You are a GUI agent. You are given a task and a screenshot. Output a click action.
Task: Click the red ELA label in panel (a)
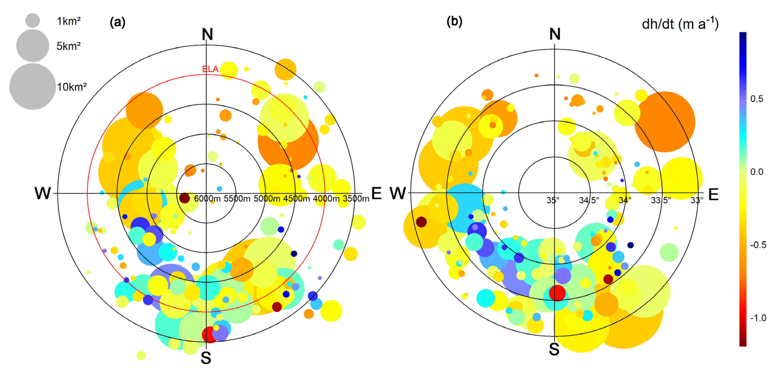click(210, 69)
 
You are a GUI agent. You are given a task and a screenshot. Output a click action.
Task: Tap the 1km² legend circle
click(32, 20)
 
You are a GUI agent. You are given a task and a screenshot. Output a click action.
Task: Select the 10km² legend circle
click(32, 86)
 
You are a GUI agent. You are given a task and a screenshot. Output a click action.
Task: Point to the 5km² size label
click(69, 46)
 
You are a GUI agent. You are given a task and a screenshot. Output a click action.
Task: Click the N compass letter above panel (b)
click(555, 34)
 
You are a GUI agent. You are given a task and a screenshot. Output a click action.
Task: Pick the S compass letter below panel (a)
click(206, 358)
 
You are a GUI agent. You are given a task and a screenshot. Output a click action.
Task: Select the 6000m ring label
click(207, 199)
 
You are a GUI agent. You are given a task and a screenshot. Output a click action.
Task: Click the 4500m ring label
click(296, 199)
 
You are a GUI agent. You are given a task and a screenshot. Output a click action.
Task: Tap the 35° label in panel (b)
click(553, 200)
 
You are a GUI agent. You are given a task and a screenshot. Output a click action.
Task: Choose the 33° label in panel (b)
click(697, 200)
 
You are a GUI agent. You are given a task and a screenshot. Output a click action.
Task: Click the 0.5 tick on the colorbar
click(756, 99)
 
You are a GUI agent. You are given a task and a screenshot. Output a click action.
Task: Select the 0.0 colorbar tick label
click(756, 172)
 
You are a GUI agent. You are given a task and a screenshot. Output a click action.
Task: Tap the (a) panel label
click(118, 22)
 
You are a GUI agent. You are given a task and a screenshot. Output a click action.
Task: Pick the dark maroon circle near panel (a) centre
click(185, 198)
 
